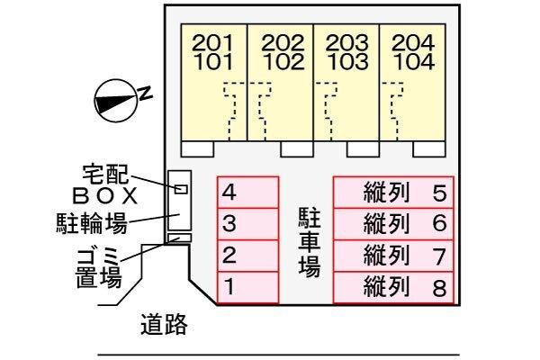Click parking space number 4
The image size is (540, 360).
[247, 192]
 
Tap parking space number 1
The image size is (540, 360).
[247, 288]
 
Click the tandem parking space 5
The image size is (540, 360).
[394, 192]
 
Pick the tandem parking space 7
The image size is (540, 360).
[394, 256]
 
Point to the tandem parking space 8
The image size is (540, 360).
[394, 288]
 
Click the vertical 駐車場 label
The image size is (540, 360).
[309, 241]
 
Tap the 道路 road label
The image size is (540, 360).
[164, 324]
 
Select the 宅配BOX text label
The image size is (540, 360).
[106, 183]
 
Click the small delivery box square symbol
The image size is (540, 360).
[181, 189]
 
